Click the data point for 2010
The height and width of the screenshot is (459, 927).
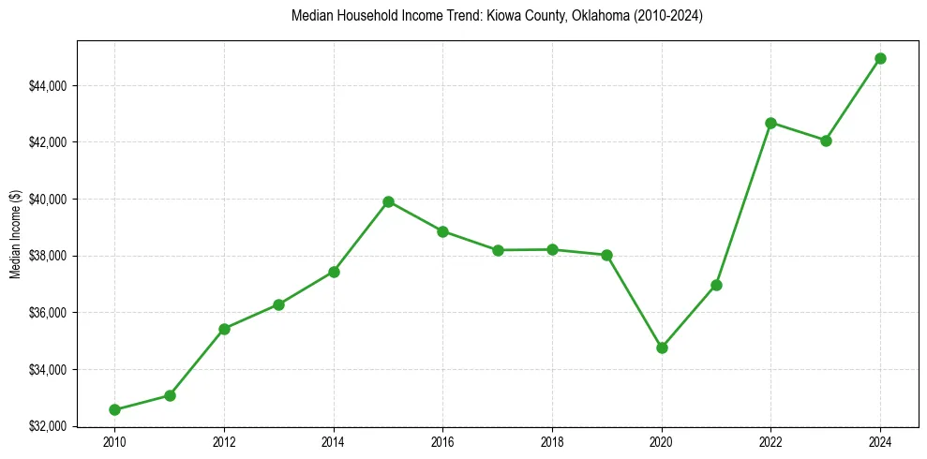pos(114,409)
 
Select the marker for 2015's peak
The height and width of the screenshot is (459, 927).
pos(388,201)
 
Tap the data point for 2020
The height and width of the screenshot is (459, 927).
pos(662,348)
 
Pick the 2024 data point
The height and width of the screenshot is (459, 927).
pos(881,58)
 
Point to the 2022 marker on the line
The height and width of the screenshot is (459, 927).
pos(771,123)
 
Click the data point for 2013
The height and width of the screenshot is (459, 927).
pos(278,304)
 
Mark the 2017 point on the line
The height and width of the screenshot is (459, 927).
pos(498,250)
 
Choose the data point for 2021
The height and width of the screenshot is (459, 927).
pos(716,285)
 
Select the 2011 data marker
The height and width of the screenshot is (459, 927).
pos(170,395)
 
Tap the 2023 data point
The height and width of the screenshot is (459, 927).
pos(826,141)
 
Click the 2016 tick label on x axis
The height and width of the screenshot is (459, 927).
pos(442,441)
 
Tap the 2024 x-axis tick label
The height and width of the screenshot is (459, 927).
pos(881,441)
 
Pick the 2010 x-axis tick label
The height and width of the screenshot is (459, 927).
pos(114,441)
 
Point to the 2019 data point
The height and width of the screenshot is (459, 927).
pos(606,255)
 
